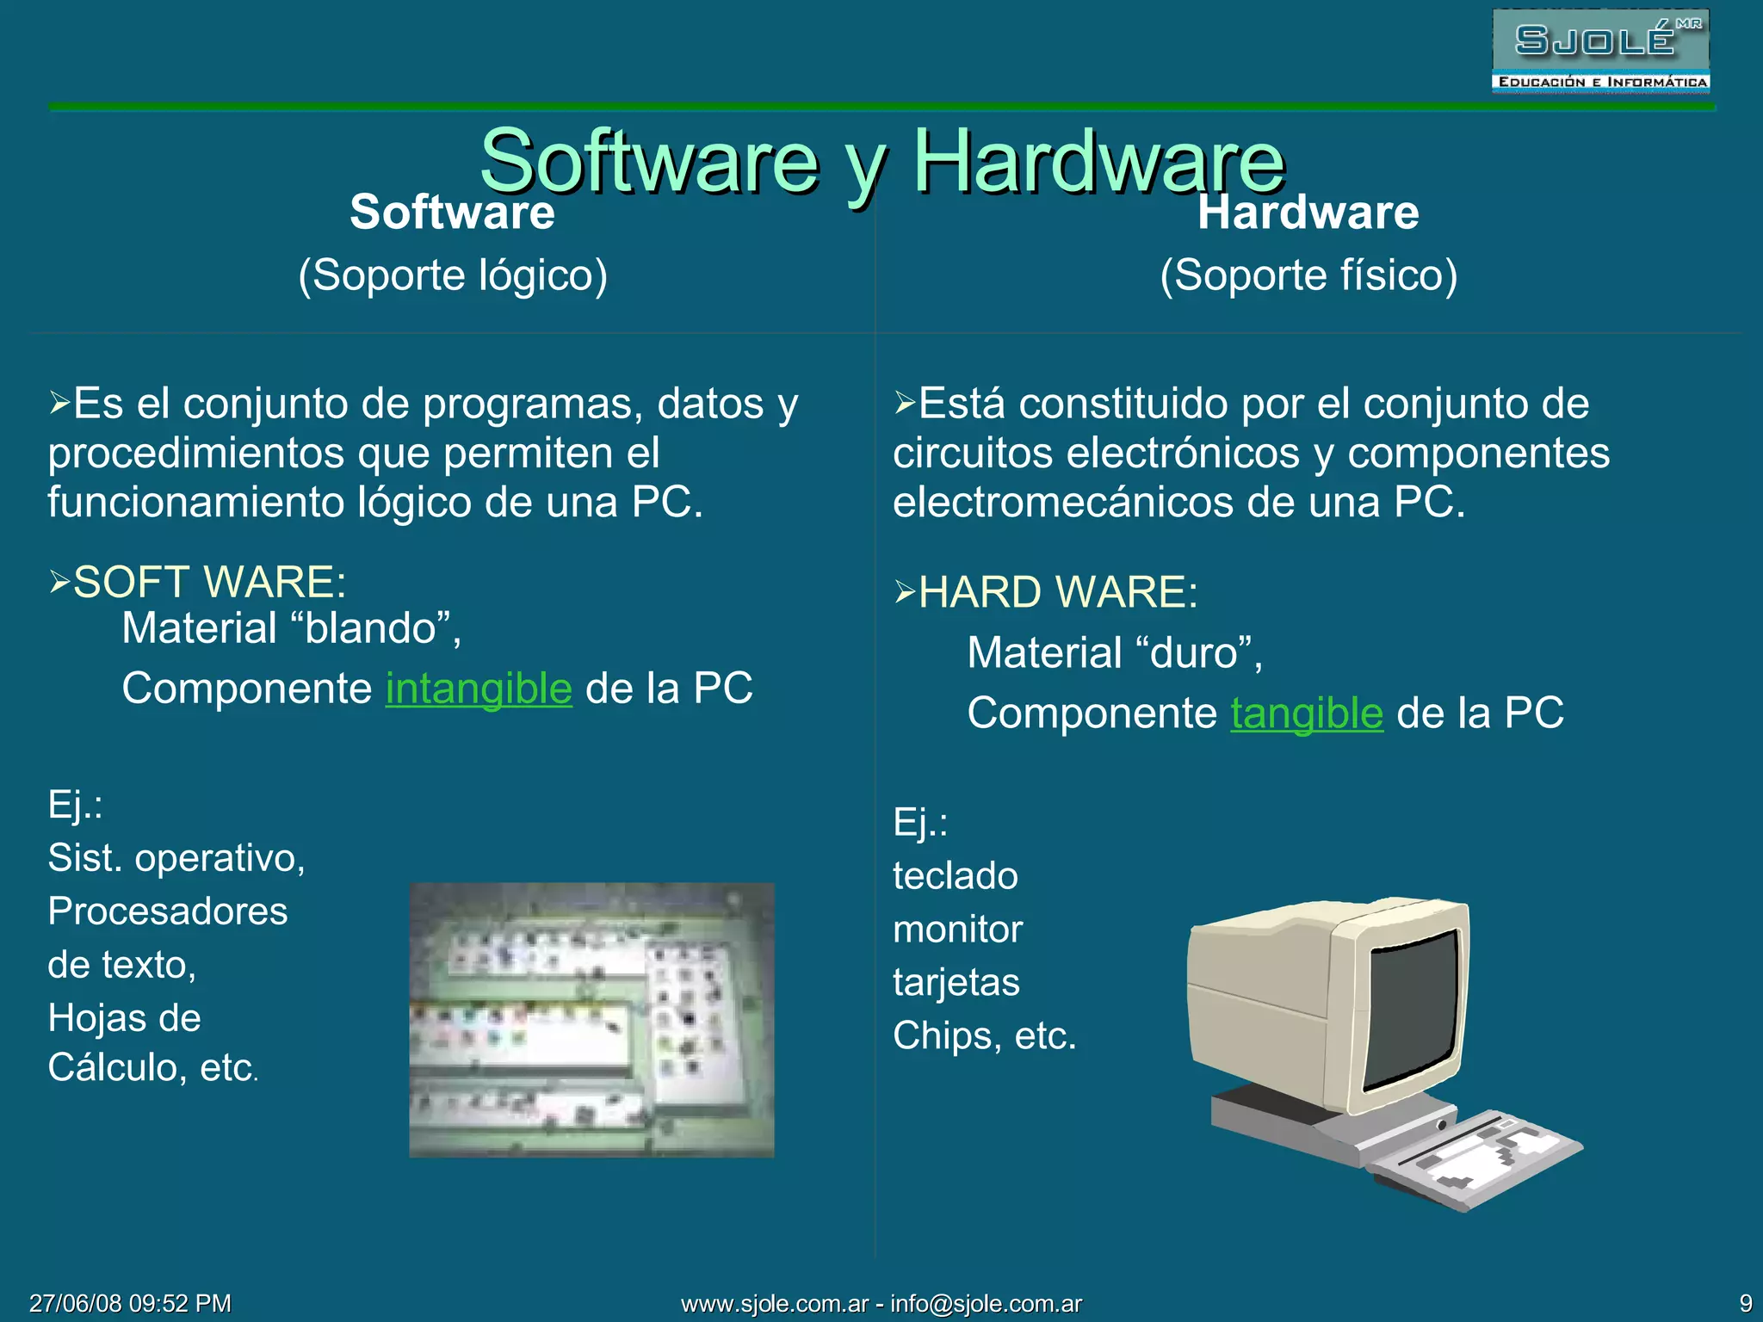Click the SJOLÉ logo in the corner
[x=1600, y=51]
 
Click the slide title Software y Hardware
[x=881, y=161]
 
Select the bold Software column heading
[x=452, y=213]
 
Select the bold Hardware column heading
[x=1308, y=213]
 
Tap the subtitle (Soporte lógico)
[x=453, y=275]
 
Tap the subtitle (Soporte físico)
[x=1308, y=275]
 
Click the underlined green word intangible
[x=479, y=689]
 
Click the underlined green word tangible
[x=1307, y=714]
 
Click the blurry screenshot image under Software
[x=591, y=1020]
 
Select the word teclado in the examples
[x=956, y=876]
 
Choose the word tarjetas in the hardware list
[x=956, y=982]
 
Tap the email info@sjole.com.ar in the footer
[x=986, y=1304]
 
